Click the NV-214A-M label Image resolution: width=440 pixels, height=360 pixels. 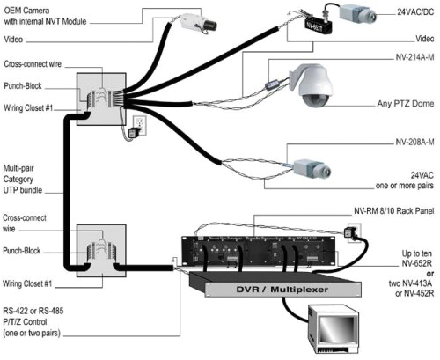pyautogui.click(x=412, y=55)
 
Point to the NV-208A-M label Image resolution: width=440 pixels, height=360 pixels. pyautogui.click(x=412, y=142)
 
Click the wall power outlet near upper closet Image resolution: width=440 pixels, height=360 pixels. pyautogui.click(x=138, y=121)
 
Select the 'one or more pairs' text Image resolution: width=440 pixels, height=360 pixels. pyautogui.click(x=407, y=185)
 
